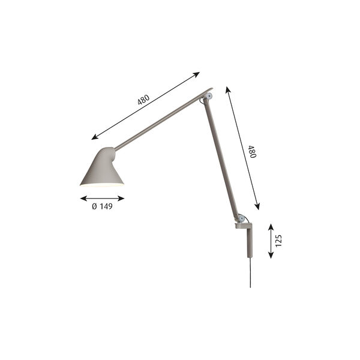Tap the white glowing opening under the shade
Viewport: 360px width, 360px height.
[101, 185]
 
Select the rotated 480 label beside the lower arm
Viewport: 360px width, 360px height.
[252, 151]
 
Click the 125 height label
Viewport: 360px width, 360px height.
[278, 241]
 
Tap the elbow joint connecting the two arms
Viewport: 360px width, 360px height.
[208, 95]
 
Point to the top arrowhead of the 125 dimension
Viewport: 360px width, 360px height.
[271, 226]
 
